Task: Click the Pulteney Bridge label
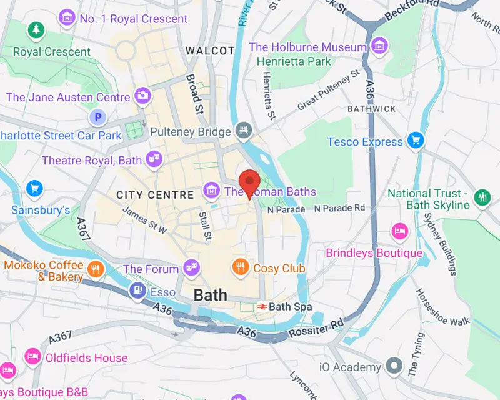[191, 132]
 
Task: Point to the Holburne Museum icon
[378, 45]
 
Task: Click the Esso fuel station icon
[137, 291]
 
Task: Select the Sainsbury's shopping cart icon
[34, 188]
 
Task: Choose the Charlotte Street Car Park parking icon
[97, 117]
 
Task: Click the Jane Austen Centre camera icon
[143, 96]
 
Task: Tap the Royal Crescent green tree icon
[36, 29]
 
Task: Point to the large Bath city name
[210, 296]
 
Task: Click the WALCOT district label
[210, 51]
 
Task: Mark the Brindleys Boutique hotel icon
[399, 232]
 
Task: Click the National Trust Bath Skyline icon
[482, 197]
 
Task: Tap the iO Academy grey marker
[394, 366]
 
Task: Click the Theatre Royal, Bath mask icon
[154, 161]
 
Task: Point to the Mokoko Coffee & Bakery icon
[95, 269]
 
